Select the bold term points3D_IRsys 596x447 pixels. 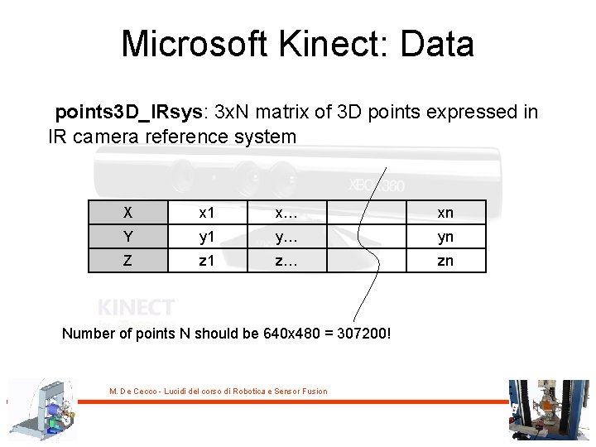(x=132, y=112)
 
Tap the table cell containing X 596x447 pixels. (x=127, y=213)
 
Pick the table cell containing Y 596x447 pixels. (x=127, y=237)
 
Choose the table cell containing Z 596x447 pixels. (x=127, y=261)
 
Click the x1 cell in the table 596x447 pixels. (x=207, y=213)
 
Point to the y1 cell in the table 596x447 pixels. (x=207, y=237)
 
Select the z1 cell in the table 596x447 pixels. (x=207, y=261)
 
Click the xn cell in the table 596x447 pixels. (x=445, y=213)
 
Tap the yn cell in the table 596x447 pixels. (x=445, y=237)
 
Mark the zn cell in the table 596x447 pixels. (x=445, y=261)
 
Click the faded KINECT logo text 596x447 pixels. (x=137, y=307)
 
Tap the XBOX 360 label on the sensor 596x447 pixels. (x=377, y=185)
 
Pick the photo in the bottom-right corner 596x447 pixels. (x=547, y=410)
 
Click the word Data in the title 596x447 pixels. (x=436, y=44)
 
